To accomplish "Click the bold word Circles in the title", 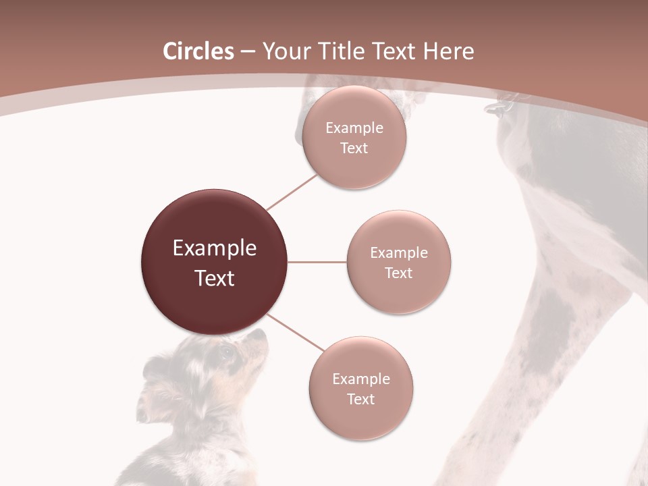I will tap(198, 51).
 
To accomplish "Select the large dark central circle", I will tap(215, 263).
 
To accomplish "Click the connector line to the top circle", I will tap(292, 192).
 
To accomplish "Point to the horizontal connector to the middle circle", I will tap(317, 262).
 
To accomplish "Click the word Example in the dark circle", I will tap(215, 248).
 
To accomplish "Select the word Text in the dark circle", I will tap(215, 278).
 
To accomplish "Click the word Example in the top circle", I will tap(354, 128).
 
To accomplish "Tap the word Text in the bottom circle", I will tap(361, 399).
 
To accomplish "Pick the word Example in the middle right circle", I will tap(399, 253).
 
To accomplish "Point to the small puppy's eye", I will tap(226, 351).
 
